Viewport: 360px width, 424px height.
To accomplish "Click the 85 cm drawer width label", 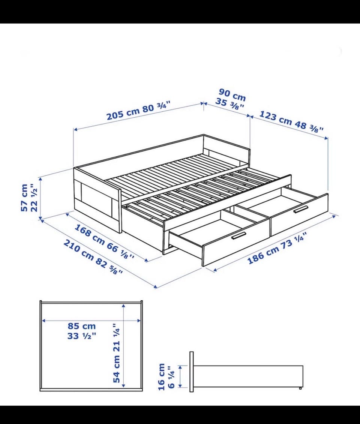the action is coord(82,326).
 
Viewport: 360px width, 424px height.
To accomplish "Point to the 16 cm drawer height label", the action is coord(161,377).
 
